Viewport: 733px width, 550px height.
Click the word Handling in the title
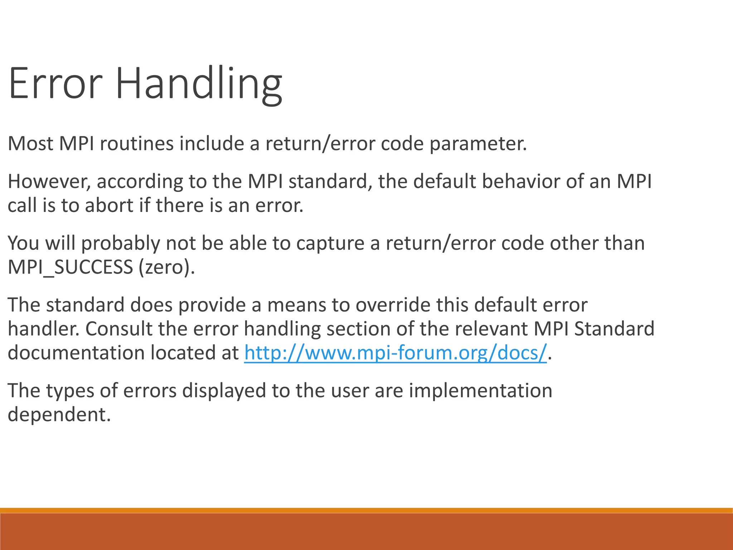point(199,84)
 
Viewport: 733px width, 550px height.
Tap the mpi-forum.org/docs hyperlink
point(395,353)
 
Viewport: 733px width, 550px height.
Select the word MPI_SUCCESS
point(71,267)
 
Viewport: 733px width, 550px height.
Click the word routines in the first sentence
point(137,144)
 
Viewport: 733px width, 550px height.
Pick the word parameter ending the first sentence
point(478,144)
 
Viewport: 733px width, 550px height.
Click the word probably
point(121,243)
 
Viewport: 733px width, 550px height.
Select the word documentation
point(76,353)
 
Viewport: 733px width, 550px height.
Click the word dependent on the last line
point(59,415)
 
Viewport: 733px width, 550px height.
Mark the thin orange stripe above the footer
point(366,510)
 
